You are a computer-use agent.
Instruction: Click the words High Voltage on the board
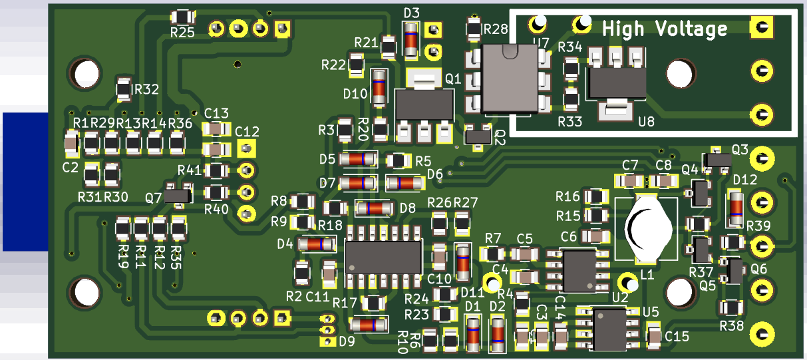pyautogui.click(x=664, y=29)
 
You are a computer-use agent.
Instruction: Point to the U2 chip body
pyautogui.click(x=579, y=270)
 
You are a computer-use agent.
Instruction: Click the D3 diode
pyautogui.click(x=412, y=39)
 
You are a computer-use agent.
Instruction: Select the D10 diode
pyautogui.click(x=379, y=87)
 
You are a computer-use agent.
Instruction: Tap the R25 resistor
pyautogui.click(x=182, y=18)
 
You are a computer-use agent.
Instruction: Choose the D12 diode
pyautogui.click(x=735, y=208)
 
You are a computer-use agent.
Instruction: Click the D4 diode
pyautogui.click(x=316, y=244)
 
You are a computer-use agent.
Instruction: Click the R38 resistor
pyautogui.click(x=732, y=307)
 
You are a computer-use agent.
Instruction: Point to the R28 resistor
pyautogui.click(x=473, y=29)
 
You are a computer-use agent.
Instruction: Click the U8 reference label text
pyautogui.click(x=646, y=121)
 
